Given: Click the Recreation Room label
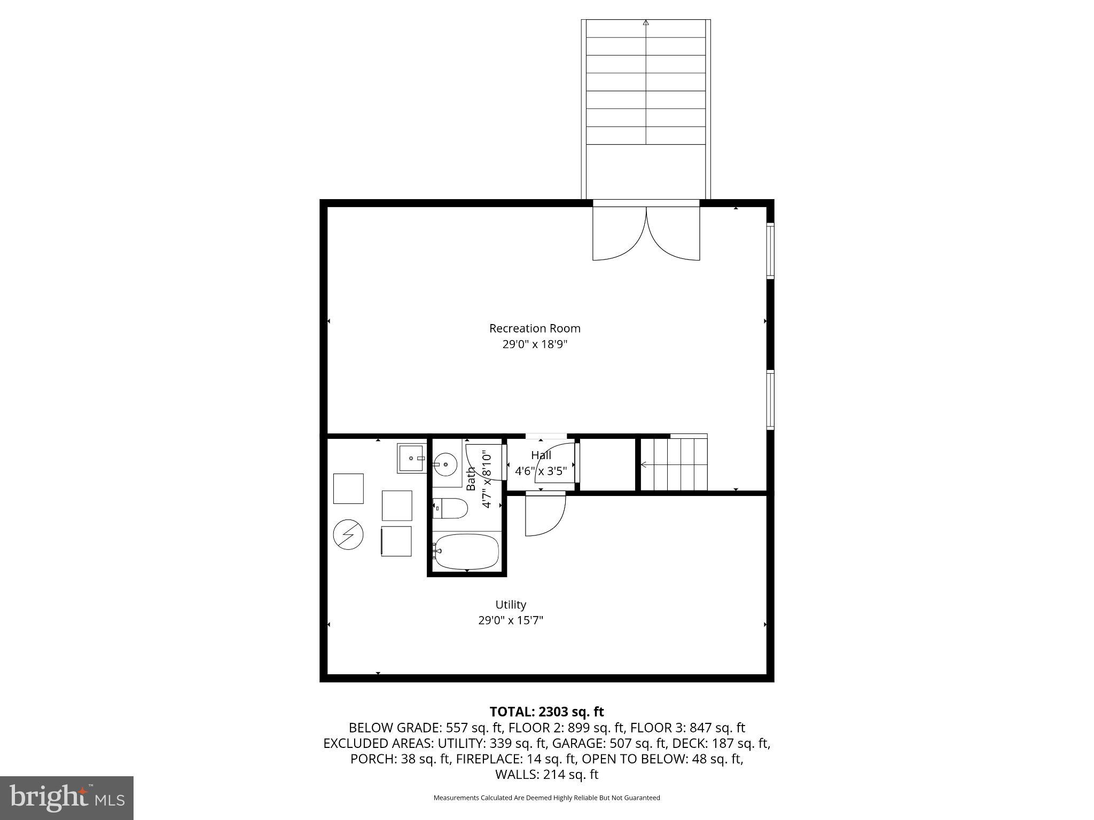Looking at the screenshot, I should (x=535, y=328).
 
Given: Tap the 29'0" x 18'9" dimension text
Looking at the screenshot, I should (x=535, y=344).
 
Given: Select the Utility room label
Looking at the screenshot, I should (x=511, y=605).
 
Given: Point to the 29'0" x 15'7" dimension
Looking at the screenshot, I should (x=511, y=620).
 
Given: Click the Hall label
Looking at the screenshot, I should (x=541, y=455).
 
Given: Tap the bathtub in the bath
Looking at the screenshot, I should (x=467, y=551).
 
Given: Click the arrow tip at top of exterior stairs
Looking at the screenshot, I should (x=646, y=22).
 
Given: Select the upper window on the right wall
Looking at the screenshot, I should (x=770, y=250).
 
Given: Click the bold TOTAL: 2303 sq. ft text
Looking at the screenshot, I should (x=546, y=712).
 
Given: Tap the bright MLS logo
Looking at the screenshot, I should (x=66, y=798).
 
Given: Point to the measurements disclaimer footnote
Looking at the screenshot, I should (x=546, y=798).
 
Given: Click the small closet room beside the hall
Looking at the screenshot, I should (x=608, y=464).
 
